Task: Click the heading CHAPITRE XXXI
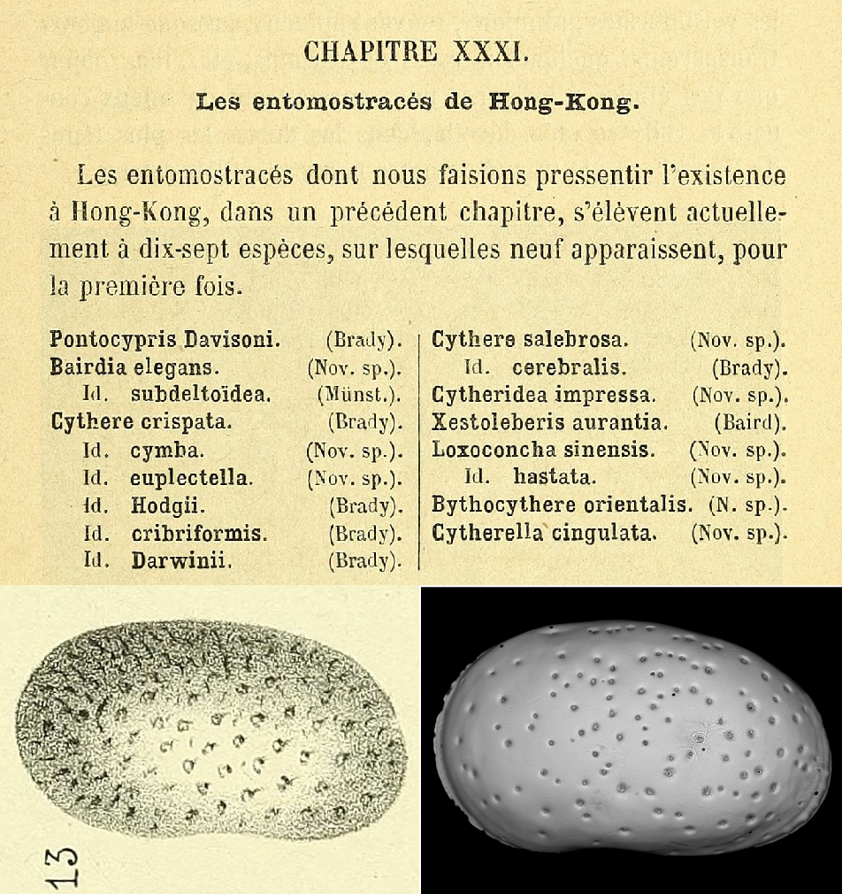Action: pyautogui.click(x=417, y=51)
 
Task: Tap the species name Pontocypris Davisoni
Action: pyautogui.click(x=165, y=338)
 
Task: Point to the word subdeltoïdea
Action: pyautogui.click(x=201, y=394)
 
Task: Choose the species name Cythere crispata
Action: pyautogui.click(x=142, y=421)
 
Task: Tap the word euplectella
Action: pyautogui.click(x=192, y=478)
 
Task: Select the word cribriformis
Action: pyautogui.click(x=199, y=534)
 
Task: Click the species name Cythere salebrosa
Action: pyautogui.click(x=531, y=338)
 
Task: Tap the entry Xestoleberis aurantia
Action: pyautogui.click(x=549, y=422)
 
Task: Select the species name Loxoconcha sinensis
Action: pyautogui.click(x=543, y=450)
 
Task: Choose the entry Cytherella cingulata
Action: pyautogui.click(x=543, y=533)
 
